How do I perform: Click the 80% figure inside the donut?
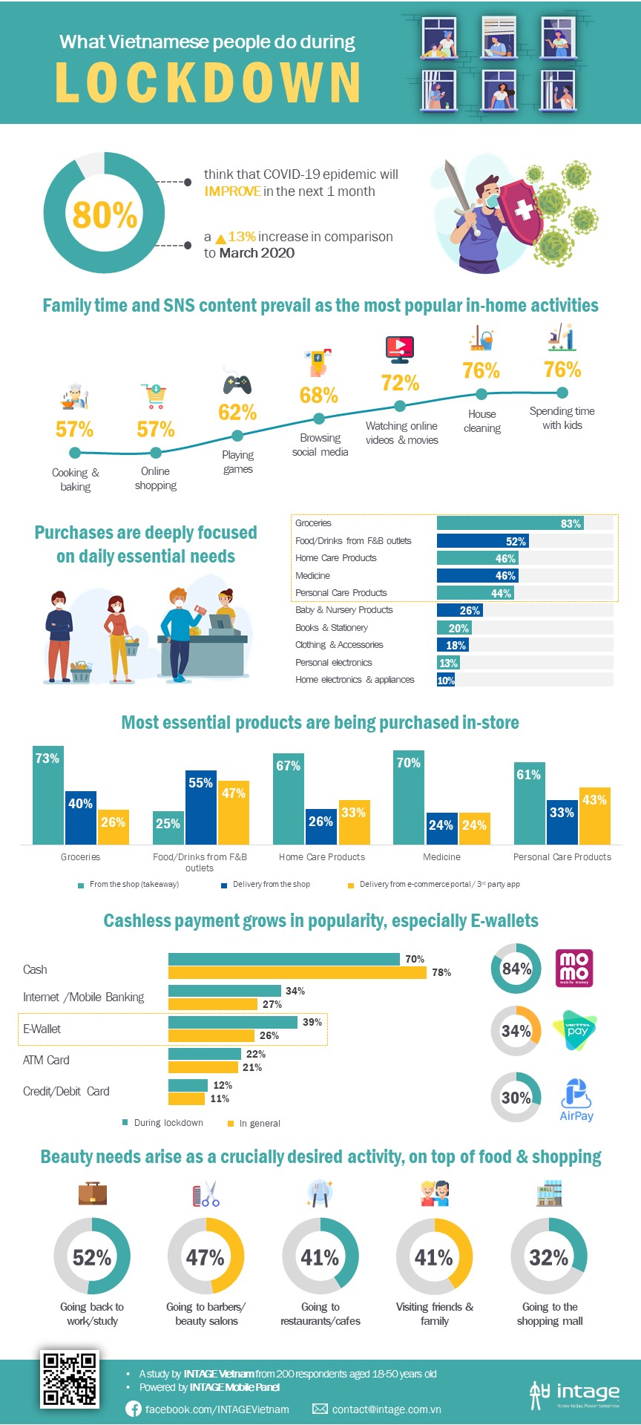coord(105,215)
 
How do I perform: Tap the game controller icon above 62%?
coord(237,384)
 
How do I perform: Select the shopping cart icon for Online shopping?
coord(156,396)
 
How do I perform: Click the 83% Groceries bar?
coord(510,523)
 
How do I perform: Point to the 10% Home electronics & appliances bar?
coord(446,680)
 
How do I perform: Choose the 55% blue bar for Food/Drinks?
coord(201,807)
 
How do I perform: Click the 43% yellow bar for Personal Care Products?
coord(595,816)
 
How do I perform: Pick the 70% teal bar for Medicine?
coord(409,797)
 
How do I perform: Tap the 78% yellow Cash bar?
coord(297,972)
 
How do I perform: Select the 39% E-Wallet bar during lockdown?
coord(233,1022)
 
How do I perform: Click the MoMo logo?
coord(574,968)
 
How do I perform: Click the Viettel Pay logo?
coord(575,1030)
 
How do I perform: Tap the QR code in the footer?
coord(70,1379)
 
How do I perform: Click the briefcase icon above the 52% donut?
coord(93,1193)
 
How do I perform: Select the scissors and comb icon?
coord(206,1194)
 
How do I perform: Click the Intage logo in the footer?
coord(574,1394)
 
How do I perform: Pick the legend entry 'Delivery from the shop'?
coord(271,884)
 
